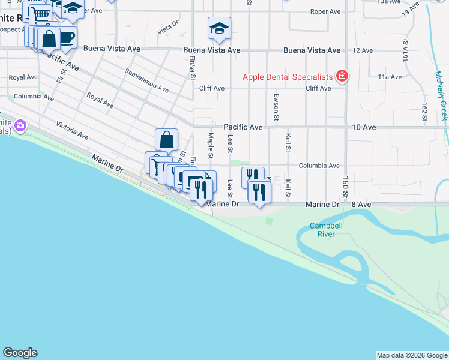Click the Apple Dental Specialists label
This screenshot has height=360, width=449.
(x=288, y=77)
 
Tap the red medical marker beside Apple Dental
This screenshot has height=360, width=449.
(x=342, y=76)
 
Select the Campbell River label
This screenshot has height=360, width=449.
(x=322, y=230)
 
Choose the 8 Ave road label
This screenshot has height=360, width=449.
(x=361, y=205)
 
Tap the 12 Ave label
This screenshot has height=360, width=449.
(x=363, y=50)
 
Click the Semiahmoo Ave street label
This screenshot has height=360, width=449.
(x=146, y=80)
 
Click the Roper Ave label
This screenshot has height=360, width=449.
(x=325, y=11)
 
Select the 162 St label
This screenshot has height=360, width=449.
(x=424, y=111)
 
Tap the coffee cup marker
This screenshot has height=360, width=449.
(x=67, y=38)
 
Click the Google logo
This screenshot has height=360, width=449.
(x=20, y=353)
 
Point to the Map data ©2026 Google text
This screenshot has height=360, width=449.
(x=411, y=355)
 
